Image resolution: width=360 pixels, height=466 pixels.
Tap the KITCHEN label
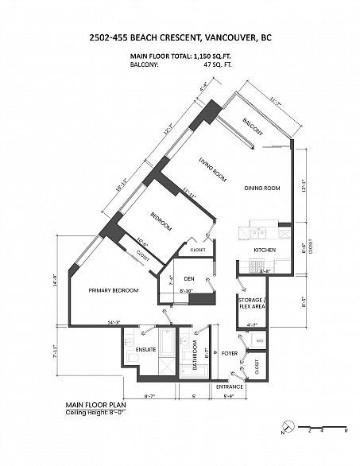coord(265,250)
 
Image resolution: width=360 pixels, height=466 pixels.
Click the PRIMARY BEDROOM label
coord(114,290)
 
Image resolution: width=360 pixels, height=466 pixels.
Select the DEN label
coord(189,278)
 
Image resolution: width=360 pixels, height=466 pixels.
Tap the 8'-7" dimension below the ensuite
coord(150,395)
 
